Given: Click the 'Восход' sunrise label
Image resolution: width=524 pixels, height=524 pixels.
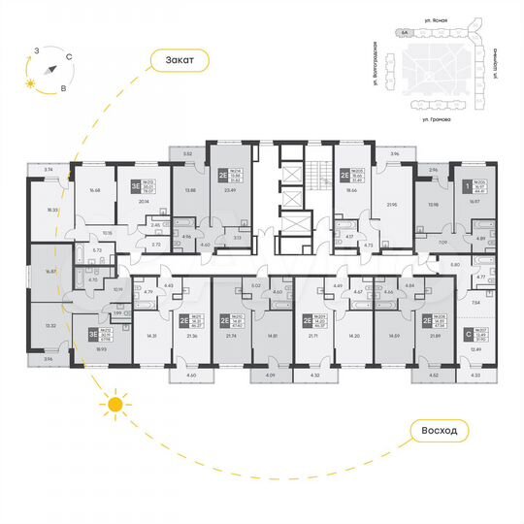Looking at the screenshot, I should (x=452, y=429).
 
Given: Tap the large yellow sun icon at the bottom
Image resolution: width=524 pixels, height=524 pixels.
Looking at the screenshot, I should (x=115, y=404).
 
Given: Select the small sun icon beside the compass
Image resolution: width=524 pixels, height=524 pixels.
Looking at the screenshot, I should (x=31, y=85).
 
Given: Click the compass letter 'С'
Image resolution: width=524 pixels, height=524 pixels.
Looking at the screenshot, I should (x=68, y=57).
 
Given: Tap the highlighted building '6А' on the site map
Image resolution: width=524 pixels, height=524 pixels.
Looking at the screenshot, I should (x=404, y=33).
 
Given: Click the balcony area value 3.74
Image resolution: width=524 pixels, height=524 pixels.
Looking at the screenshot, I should (x=49, y=169).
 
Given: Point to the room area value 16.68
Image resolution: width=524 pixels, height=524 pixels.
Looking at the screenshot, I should (x=94, y=191).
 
